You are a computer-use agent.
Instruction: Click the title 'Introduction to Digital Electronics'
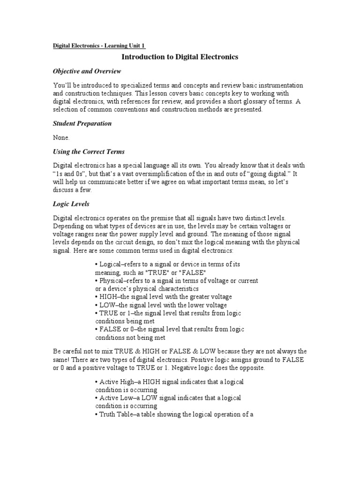(180, 57)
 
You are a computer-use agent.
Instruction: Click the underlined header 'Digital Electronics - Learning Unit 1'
(99, 45)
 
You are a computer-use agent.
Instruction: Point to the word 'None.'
(61, 138)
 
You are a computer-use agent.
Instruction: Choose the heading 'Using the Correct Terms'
(88, 152)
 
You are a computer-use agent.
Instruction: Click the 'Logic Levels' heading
(71, 204)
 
